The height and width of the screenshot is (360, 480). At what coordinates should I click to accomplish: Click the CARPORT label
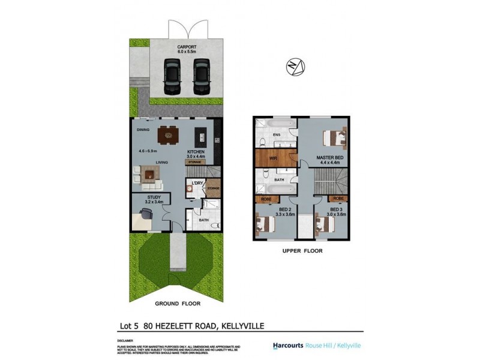(x=187, y=46)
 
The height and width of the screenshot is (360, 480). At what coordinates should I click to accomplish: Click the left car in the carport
(x=173, y=76)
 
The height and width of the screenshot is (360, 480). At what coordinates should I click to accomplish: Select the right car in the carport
(x=201, y=76)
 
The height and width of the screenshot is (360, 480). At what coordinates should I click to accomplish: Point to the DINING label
(x=143, y=129)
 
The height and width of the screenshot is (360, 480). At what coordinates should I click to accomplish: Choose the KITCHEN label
(x=197, y=152)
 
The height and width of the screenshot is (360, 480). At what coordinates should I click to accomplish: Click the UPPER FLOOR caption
(x=302, y=251)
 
